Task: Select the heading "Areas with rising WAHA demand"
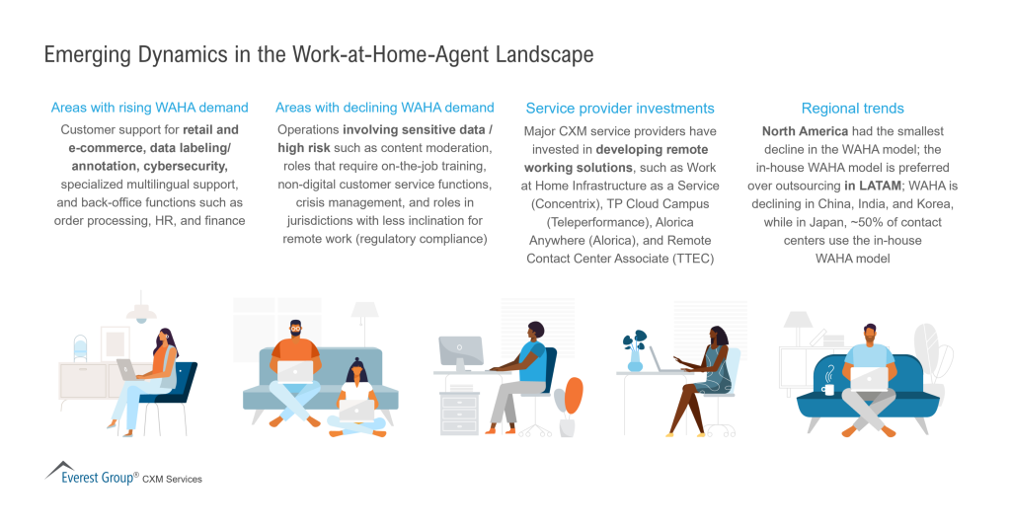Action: pos(150,108)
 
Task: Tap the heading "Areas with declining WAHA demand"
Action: pos(385,108)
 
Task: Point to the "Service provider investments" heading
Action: pos(620,109)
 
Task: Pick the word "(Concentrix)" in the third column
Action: pos(565,203)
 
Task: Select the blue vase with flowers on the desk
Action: pos(634,352)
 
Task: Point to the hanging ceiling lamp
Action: pos(141,309)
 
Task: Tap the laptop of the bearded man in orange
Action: pos(294,372)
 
